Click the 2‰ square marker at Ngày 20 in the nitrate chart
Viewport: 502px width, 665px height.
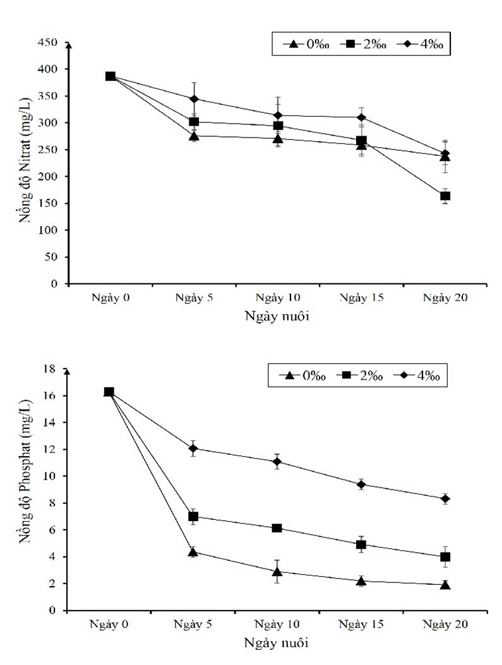click(x=445, y=196)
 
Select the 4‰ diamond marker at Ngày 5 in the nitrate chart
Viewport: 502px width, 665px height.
click(x=194, y=99)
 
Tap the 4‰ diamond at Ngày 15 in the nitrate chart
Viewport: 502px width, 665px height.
click(x=361, y=117)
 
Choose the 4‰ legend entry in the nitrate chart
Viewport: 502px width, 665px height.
click(x=422, y=44)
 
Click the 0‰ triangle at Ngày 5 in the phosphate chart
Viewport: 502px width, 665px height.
click(x=194, y=552)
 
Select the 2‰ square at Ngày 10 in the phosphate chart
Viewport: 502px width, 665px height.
click(x=277, y=527)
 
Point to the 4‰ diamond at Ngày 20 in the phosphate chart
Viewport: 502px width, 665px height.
click(x=445, y=498)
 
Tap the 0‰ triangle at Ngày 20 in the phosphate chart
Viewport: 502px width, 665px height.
click(x=445, y=585)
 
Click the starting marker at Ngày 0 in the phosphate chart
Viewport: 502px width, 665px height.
click(x=109, y=392)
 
